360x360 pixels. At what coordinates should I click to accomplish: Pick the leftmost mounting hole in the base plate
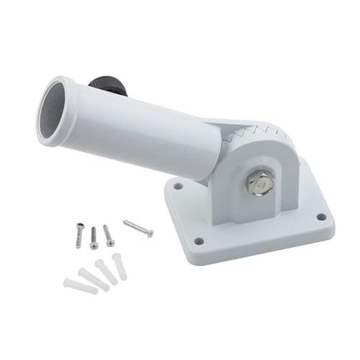pyautogui.click(x=177, y=186)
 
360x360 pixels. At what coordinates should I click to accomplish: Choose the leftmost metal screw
pyautogui.click(x=80, y=235)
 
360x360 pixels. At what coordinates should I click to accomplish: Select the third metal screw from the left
pyautogui.click(x=109, y=235)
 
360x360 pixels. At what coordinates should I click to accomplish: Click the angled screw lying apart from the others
pyautogui.click(x=138, y=228)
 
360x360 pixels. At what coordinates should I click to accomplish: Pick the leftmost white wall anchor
pyautogui.click(x=80, y=286)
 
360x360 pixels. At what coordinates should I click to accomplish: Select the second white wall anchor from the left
pyautogui.click(x=94, y=279)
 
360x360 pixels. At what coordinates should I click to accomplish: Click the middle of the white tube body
pyautogui.click(x=144, y=130)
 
